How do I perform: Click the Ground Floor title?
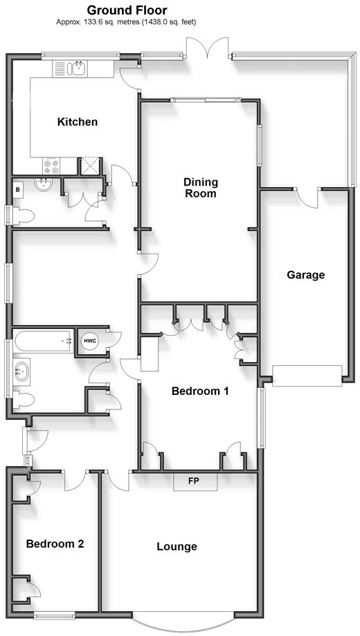coord(127,10)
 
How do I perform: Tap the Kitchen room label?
coord(78,122)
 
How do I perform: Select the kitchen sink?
coord(76,69)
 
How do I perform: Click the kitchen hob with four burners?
coord(51,166)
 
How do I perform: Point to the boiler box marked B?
coord(17,189)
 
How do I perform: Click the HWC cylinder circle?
coord(89,341)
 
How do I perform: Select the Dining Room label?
coord(201,187)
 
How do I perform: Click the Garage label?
coord(306,275)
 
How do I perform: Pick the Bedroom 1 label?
coord(200,391)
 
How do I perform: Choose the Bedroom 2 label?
coord(55,544)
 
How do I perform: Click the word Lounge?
coord(177,547)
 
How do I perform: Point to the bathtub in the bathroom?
coord(44,341)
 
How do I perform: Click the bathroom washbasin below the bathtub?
coord(21,371)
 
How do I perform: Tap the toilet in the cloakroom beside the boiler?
coord(22,215)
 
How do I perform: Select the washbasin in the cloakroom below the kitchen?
coord(43,185)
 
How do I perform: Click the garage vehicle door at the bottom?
coord(307,376)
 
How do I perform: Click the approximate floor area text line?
coord(126,22)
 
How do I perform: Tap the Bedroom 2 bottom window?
coord(54,616)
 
